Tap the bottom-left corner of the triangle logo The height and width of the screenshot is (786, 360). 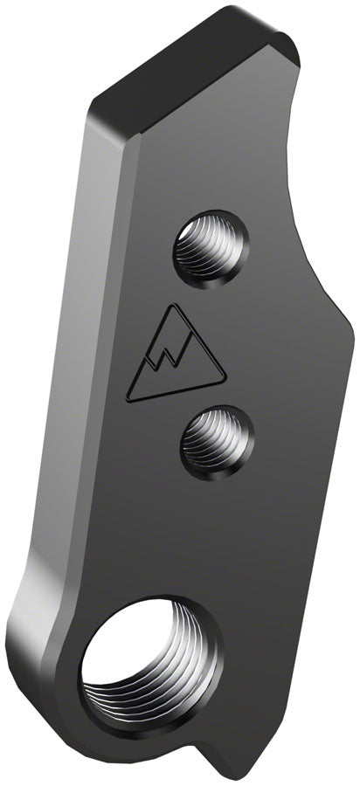130,401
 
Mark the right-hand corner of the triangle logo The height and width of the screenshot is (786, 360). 225,378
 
